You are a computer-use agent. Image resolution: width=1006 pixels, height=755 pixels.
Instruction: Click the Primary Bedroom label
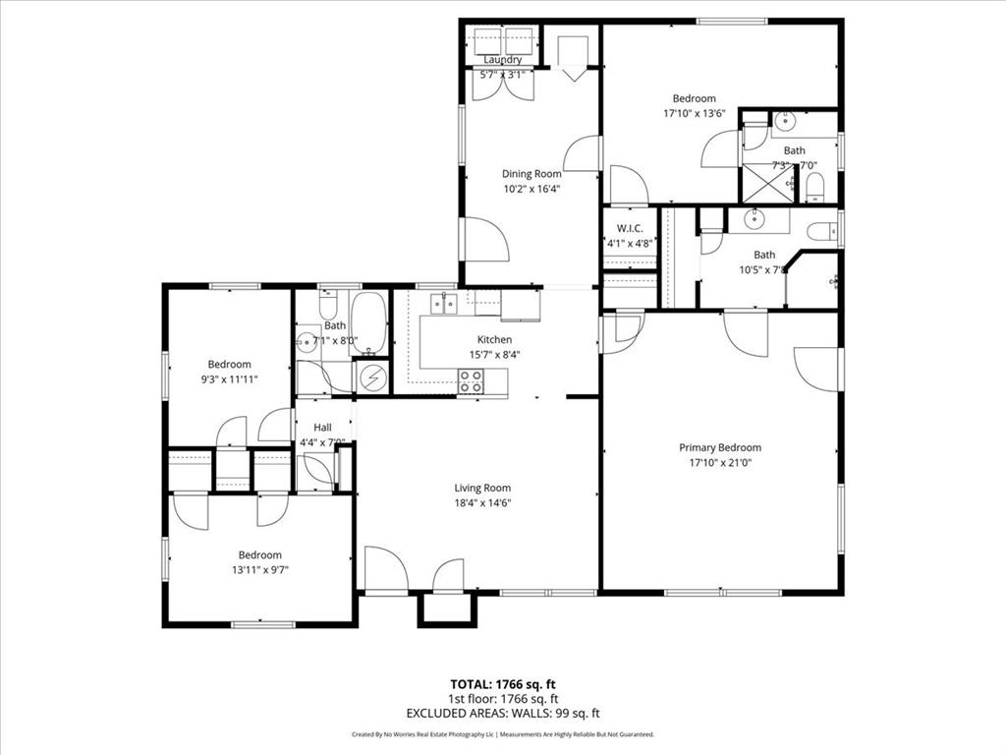(x=719, y=447)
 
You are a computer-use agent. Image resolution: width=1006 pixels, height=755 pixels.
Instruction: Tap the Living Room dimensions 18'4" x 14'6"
(x=481, y=502)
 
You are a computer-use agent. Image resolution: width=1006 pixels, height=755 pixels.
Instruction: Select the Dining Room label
(x=531, y=174)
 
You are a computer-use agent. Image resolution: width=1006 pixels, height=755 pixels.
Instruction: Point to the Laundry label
(x=502, y=60)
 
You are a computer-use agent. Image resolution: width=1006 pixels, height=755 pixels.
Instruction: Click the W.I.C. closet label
(x=629, y=229)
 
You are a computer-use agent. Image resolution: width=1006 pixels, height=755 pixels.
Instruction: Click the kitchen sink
(x=445, y=304)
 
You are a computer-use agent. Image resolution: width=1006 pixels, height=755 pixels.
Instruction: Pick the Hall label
(x=322, y=428)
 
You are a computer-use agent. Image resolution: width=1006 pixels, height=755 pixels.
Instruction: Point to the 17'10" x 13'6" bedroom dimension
(x=694, y=113)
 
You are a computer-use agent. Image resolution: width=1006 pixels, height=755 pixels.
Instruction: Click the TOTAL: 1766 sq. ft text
(x=503, y=684)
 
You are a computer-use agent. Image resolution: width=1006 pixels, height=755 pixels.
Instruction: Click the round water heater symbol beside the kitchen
(x=372, y=377)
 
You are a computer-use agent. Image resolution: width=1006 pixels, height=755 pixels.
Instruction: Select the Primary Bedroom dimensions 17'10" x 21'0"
(x=719, y=462)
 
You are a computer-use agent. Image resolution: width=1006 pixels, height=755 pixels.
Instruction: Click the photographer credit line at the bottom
(x=503, y=734)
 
